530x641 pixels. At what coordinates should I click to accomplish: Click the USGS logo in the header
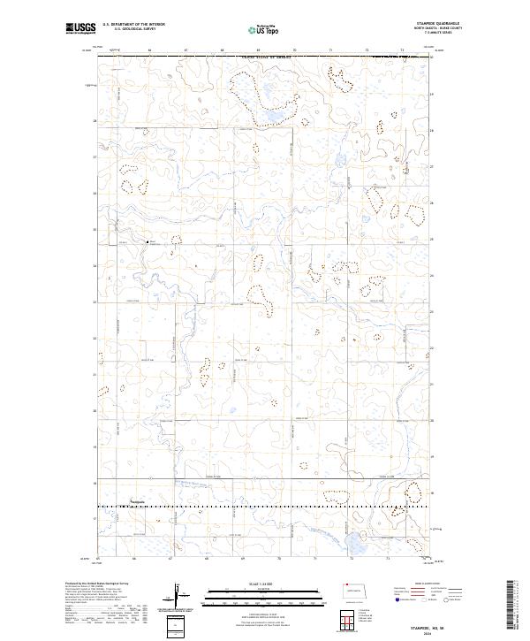[80, 28]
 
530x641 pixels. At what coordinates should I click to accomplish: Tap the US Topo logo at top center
[263, 28]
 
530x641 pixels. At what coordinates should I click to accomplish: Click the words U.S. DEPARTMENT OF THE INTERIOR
[133, 26]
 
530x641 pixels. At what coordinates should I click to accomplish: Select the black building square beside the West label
[146, 241]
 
